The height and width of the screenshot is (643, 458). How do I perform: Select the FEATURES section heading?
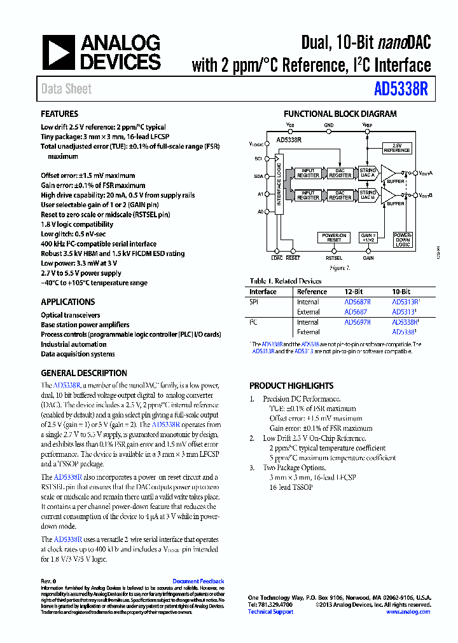(x=60, y=114)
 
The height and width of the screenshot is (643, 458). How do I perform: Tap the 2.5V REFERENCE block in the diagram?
(x=396, y=148)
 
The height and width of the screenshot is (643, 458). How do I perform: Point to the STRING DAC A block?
(x=368, y=172)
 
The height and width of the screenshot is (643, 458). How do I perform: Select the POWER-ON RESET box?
(x=334, y=238)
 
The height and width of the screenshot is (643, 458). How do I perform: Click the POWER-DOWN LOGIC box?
(x=403, y=240)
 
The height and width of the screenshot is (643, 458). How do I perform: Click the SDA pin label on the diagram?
(x=259, y=176)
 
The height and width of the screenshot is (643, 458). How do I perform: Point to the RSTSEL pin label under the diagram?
(x=333, y=259)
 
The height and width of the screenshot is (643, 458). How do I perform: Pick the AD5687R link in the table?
(x=357, y=302)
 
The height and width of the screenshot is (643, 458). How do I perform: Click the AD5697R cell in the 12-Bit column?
(x=357, y=322)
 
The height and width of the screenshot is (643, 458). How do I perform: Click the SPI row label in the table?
(x=254, y=302)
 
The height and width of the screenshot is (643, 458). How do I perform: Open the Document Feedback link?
(x=198, y=581)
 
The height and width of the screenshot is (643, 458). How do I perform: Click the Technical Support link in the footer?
(x=270, y=612)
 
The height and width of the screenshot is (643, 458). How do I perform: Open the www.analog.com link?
(x=408, y=612)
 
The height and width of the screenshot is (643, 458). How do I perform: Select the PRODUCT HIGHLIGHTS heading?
(x=291, y=386)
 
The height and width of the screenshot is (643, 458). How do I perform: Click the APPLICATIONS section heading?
(x=68, y=302)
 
